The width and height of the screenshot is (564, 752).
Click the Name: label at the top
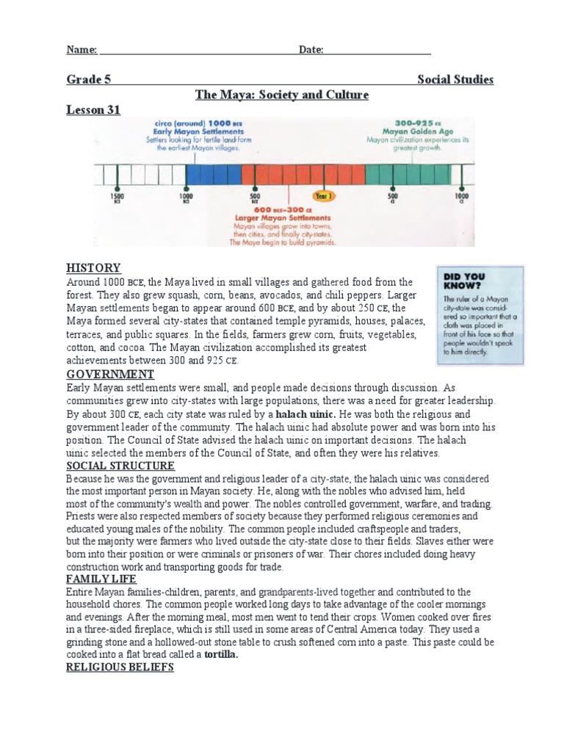tap(82, 50)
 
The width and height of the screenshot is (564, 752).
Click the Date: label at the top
tap(311, 50)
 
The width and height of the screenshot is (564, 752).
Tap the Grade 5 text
tap(89, 79)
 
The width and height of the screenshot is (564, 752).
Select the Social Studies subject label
tap(455, 79)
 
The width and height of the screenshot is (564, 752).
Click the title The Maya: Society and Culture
tap(281, 95)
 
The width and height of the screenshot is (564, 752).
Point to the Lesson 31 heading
tap(93, 109)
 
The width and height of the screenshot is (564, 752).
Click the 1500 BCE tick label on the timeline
tap(117, 198)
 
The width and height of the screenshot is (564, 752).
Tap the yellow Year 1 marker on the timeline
tap(324, 196)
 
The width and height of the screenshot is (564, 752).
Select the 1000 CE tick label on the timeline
tap(461, 198)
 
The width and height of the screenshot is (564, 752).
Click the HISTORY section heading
tap(93, 268)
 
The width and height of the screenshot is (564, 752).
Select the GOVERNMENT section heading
tap(110, 374)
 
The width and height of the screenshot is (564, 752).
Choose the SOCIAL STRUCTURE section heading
tap(120, 466)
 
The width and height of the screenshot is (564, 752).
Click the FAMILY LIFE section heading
tap(101, 579)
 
